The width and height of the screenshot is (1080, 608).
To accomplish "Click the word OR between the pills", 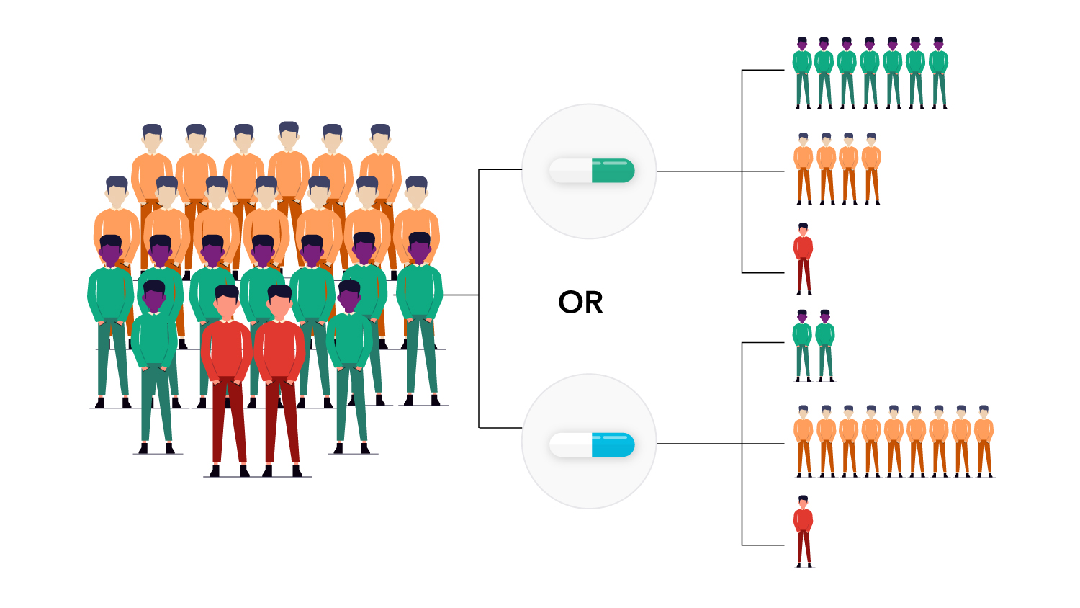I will [580, 303].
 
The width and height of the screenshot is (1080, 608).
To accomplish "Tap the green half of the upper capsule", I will [613, 171].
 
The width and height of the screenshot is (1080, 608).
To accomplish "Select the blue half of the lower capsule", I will [613, 445].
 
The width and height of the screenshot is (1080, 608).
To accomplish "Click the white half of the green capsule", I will [570, 171].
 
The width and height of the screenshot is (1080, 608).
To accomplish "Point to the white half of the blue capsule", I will [570, 445].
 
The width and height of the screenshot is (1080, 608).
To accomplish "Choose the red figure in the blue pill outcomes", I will [804, 530].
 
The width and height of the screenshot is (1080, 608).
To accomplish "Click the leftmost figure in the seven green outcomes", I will [802, 72].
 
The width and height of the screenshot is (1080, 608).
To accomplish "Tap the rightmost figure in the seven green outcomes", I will [938, 72].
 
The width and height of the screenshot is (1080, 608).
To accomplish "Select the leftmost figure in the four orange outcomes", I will [804, 167].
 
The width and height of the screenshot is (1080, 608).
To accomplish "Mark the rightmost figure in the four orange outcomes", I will [871, 167].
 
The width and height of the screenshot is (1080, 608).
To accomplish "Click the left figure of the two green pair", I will [802, 344].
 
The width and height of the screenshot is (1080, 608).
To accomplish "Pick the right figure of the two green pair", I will [825, 344].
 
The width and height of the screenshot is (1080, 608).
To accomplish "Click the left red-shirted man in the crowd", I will [227, 360].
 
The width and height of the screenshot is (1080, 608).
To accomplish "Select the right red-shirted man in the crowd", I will [279, 360].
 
